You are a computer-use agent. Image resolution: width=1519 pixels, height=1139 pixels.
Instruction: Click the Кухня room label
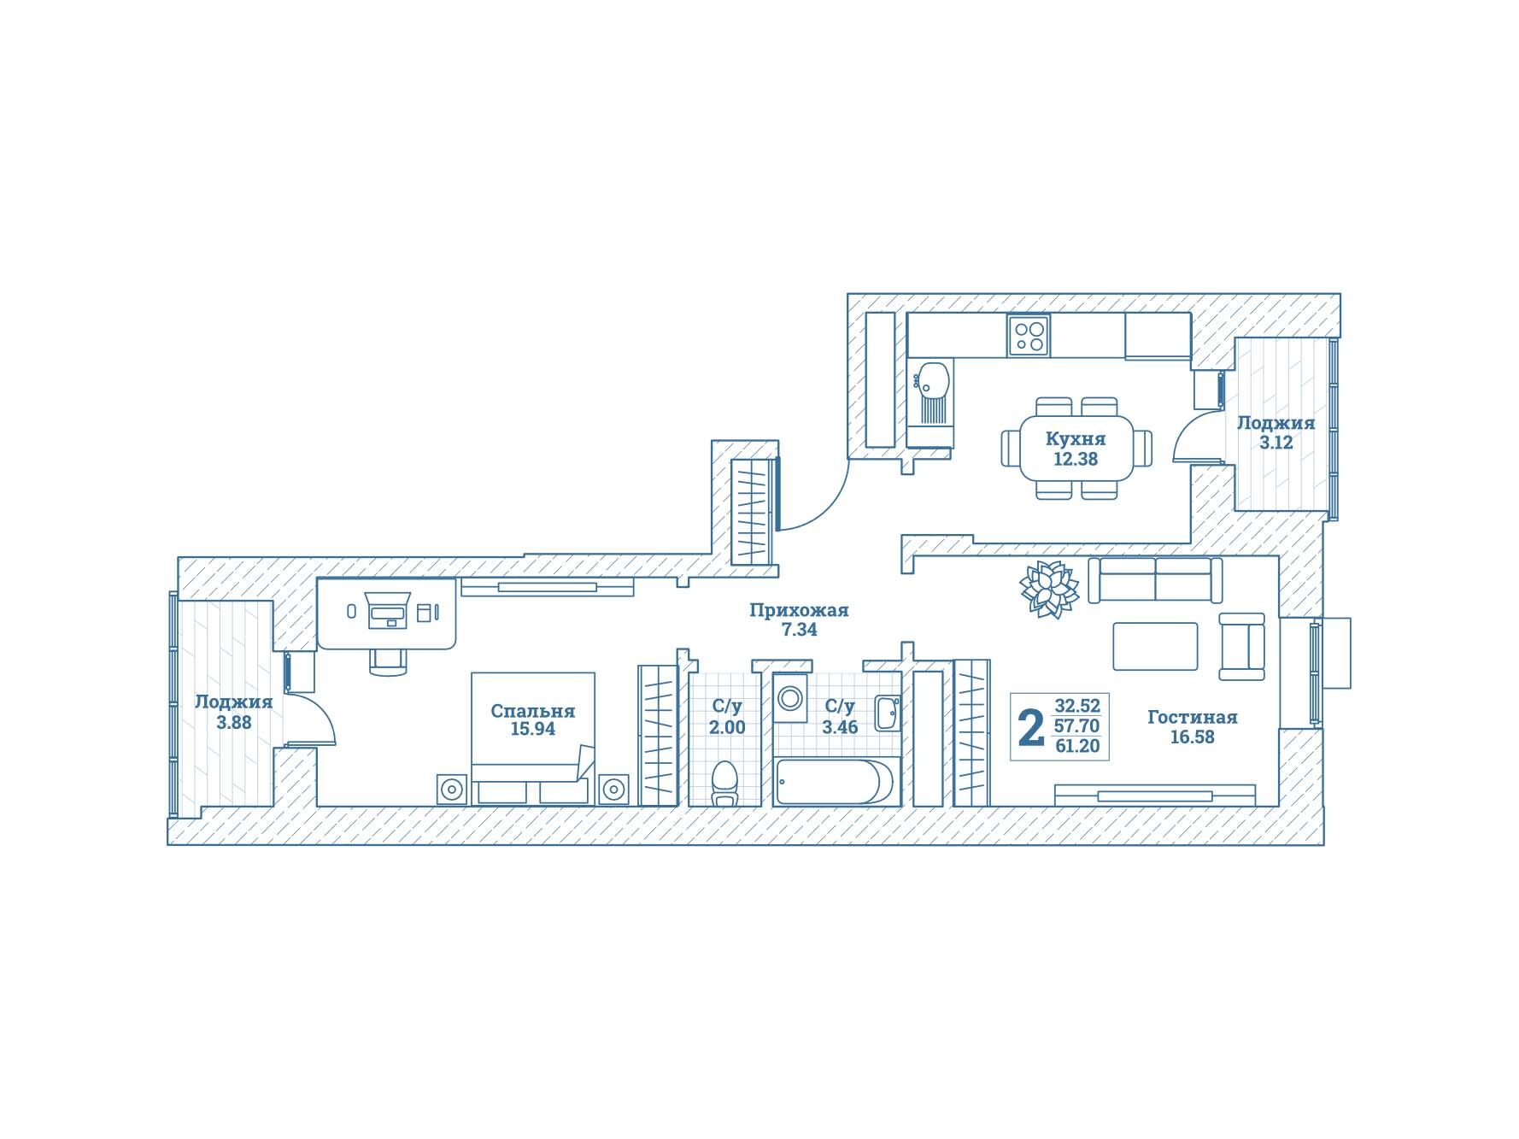(x=1076, y=439)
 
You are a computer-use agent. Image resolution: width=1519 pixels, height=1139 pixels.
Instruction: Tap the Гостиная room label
(x=1192, y=717)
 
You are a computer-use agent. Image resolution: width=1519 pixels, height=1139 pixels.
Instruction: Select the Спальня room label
(x=532, y=711)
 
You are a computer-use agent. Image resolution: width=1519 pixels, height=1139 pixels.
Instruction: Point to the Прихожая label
(x=799, y=610)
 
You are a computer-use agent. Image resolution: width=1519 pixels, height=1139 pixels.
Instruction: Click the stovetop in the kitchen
(x=1028, y=335)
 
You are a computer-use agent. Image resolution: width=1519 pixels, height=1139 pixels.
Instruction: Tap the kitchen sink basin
(x=932, y=380)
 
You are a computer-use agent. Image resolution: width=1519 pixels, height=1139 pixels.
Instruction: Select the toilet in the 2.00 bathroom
(x=724, y=783)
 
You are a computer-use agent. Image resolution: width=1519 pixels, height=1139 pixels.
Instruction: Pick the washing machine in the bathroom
(x=791, y=698)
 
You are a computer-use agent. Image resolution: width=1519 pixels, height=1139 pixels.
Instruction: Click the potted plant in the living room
(x=1049, y=589)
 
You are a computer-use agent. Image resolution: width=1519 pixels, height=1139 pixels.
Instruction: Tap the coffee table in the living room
(x=1155, y=646)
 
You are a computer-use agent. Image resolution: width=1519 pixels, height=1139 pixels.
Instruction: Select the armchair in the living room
(x=1242, y=646)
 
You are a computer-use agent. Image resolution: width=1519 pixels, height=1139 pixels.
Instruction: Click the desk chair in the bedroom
(x=387, y=660)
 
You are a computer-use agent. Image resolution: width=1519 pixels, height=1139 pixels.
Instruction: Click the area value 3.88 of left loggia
(x=233, y=722)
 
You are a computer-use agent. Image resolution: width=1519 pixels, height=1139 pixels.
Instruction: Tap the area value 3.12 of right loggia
(x=1276, y=443)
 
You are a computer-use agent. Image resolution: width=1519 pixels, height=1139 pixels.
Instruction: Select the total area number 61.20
(x=1077, y=746)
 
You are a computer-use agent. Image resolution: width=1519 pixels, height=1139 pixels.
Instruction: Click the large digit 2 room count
(x=1032, y=727)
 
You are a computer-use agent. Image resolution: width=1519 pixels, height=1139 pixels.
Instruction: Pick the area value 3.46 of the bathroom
(x=840, y=727)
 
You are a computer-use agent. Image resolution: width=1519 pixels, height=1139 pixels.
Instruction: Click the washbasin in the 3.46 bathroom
(x=887, y=713)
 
